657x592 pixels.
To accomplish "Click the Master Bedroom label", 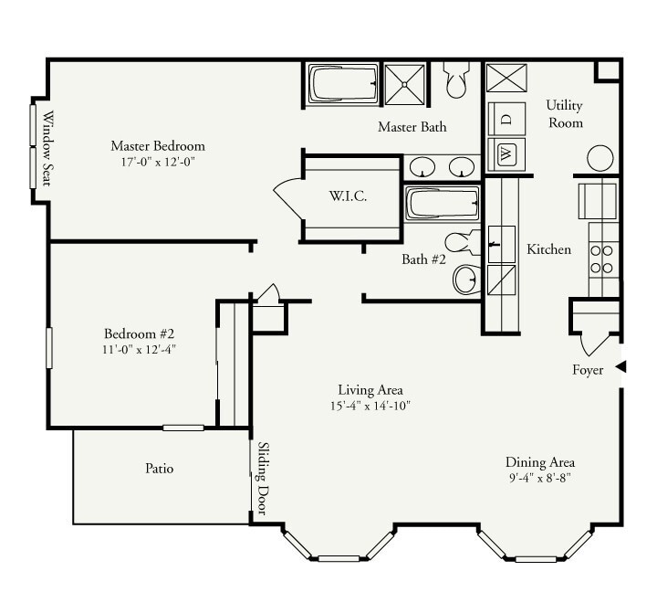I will pyautogui.click(x=157, y=145).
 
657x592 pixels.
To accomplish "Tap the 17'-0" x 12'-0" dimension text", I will pyautogui.click(x=157, y=162).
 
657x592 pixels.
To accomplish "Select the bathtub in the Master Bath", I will pyautogui.click(x=340, y=85).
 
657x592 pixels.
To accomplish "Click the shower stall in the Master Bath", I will pyautogui.click(x=404, y=85).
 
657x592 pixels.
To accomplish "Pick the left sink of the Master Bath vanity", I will pyautogui.click(x=422, y=167).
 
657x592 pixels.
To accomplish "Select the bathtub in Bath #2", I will pyautogui.click(x=439, y=203).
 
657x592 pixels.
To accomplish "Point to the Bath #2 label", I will pyautogui.click(x=423, y=259).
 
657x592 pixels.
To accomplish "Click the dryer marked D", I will pyautogui.click(x=507, y=118).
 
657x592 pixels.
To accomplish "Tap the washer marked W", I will pyautogui.click(x=507, y=153).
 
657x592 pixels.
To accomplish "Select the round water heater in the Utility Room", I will pyautogui.click(x=600, y=158).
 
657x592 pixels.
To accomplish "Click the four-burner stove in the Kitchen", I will pyautogui.click(x=601, y=259).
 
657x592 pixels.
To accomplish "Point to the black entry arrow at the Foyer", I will pyautogui.click(x=620, y=366).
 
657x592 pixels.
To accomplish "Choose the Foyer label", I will pyautogui.click(x=588, y=369).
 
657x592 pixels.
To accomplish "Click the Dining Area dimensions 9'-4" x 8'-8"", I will pyautogui.click(x=541, y=478).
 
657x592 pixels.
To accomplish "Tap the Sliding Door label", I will pyautogui.click(x=263, y=479).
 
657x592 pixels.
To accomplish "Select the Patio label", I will pyautogui.click(x=159, y=469).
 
